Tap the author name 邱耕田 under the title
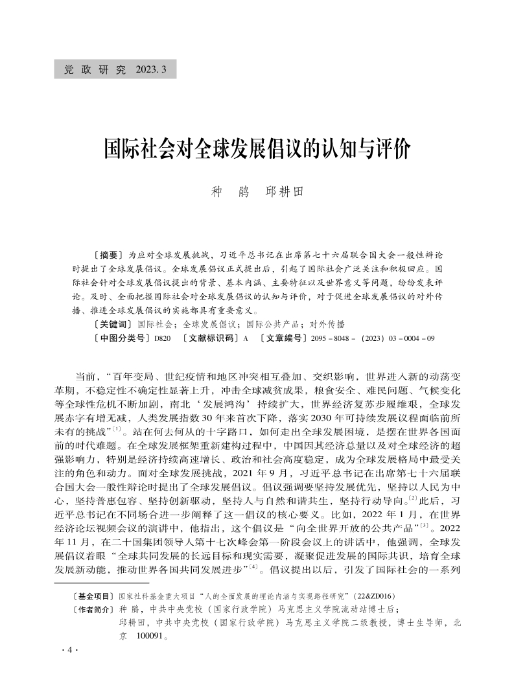click(x=285, y=192)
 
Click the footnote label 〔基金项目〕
click(x=95, y=595)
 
